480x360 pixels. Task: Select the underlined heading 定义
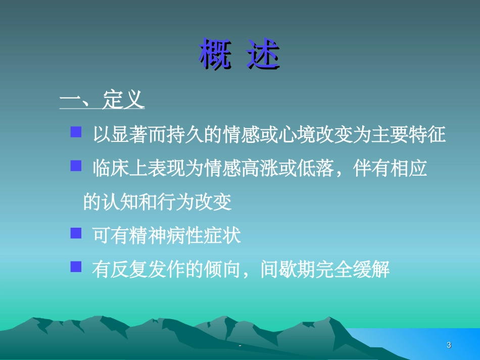pos(124,100)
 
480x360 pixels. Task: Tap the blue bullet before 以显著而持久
pos(76,133)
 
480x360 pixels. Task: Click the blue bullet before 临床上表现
pos(76,166)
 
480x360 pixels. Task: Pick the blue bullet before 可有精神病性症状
pos(76,233)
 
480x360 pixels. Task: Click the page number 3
pos(449,345)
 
